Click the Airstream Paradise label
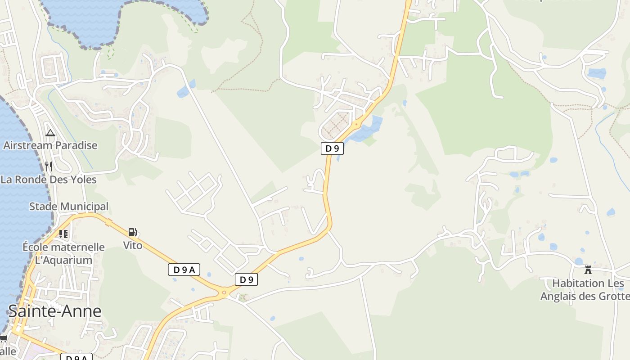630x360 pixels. pos(50,145)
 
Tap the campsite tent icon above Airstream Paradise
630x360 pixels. pos(50,133)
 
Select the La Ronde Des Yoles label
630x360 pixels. pos(49,180)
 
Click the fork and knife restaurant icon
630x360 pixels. pos(49,166)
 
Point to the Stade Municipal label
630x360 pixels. pos(69,207)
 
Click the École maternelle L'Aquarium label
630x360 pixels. pos(63,253)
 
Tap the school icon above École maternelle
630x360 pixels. pos(63,234)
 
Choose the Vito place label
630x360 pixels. pos(133,245)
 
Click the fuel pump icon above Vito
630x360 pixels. pos(133,232)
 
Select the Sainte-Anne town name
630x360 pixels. pos(55,311)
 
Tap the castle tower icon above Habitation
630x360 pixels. pos(588,270)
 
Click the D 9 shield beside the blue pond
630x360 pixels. pos(332,148)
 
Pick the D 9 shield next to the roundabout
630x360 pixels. pos(246,279)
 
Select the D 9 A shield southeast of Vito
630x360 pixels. pos(184,270)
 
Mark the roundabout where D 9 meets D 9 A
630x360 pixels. pos(224,292)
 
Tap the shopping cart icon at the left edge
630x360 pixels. pos(3,338)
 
